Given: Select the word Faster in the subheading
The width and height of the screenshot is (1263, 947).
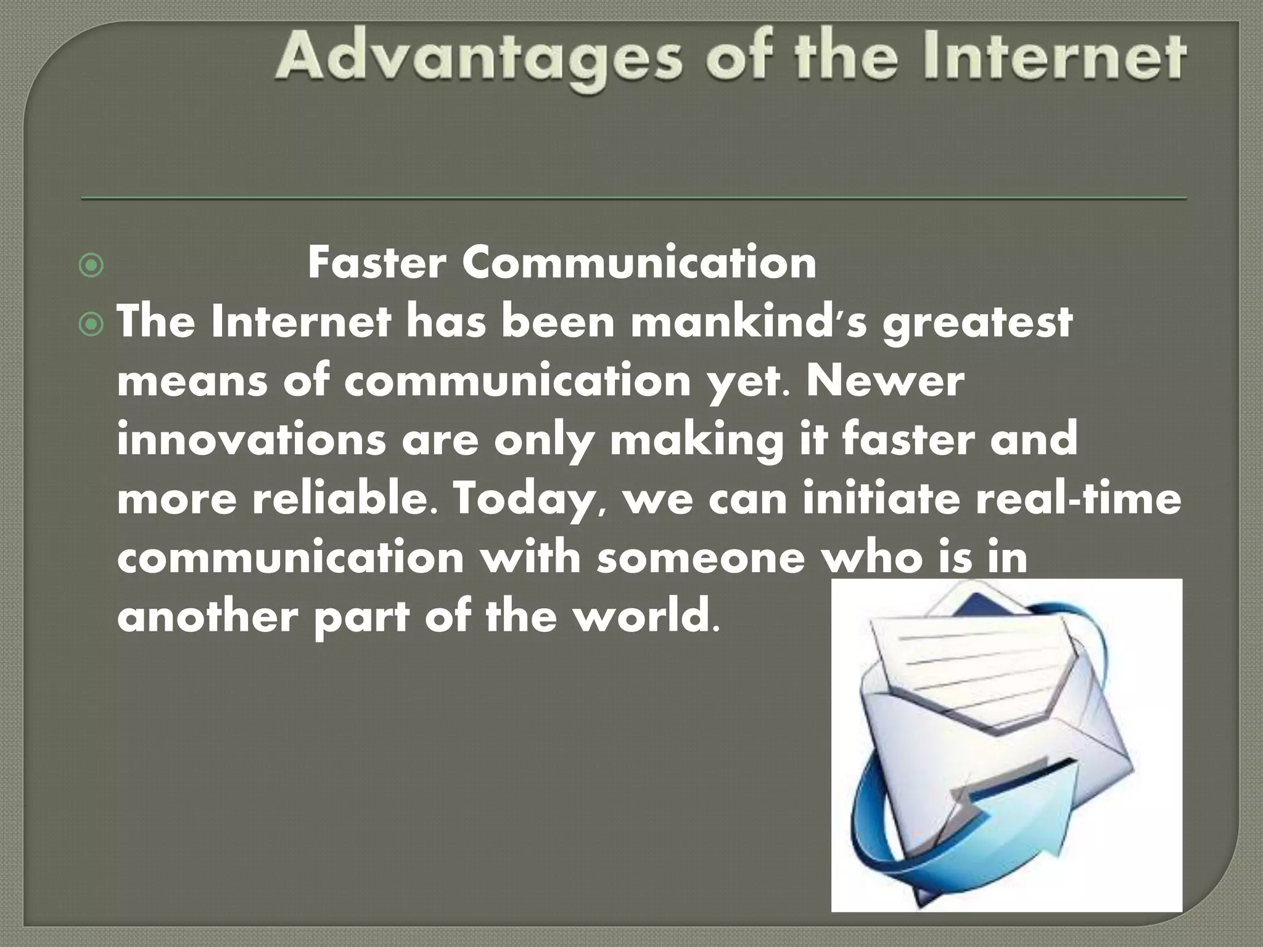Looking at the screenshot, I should coord(376,263).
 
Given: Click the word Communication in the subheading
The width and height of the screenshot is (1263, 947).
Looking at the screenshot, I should coord(639,263).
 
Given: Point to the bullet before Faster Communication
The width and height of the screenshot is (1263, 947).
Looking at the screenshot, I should coord(91,266).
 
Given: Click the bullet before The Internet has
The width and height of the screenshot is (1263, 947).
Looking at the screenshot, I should coord(91,325).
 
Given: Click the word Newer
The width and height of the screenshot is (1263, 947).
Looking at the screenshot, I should coord(885,382).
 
